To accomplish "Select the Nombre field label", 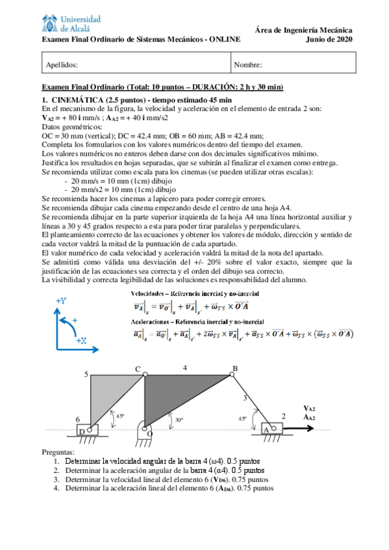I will pos(248,65).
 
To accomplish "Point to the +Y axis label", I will pos(61,301).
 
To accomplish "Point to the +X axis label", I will pos(82,339).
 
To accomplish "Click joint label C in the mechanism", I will pos(138,369).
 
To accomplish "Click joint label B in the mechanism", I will pos(235,368).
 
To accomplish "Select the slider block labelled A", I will pos(267,429).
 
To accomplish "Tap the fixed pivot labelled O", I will pos(149,433).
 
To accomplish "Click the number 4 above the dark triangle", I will pos(184,368).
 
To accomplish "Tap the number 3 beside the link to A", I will pos(244,398).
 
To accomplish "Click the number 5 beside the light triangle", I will pos(86,374).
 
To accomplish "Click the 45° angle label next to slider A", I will pos(242,419).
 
